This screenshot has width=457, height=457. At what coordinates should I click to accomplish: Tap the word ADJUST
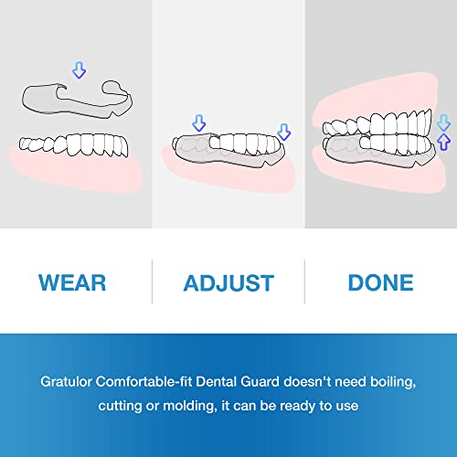click(x=228, y=282)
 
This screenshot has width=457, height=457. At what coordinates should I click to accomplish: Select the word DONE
click(x=380, y=282)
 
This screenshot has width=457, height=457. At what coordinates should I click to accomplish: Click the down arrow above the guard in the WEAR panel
click(x=79, y=69)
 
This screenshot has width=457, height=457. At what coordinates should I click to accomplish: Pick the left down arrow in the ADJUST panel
click(x=199, y=123)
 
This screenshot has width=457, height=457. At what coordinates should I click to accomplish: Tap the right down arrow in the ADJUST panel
click(x=283, y=132)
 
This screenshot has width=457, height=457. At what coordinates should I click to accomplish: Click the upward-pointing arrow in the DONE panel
click(x=444, y=141)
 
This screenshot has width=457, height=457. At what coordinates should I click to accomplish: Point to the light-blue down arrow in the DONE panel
click(x=444, y=122)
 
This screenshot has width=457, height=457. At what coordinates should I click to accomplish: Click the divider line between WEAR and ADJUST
click(x=152, y=282)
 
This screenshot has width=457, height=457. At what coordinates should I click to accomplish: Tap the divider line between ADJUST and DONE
click(x=304, y=282)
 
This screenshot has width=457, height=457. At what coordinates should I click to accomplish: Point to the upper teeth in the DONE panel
click(x=384, y=119)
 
